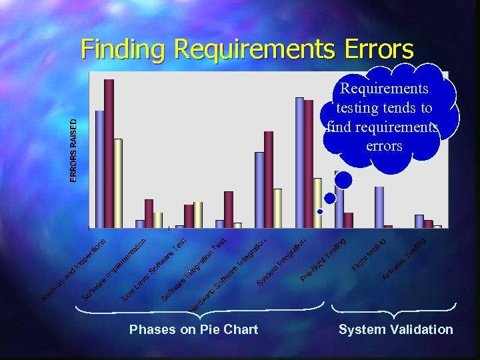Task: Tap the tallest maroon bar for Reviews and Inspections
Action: coord(109,153)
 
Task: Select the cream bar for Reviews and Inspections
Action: coord(118,183)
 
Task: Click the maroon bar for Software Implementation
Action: coord(149,213)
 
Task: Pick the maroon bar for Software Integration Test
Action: coord(229,209)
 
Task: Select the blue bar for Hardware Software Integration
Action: coord(259,189)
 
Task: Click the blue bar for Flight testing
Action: coord(379,207)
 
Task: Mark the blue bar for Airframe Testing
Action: coord(419,221)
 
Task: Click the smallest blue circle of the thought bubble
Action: coord(320,211)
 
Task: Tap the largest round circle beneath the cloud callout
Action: coord(343,180)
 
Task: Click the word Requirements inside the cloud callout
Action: coord(384,89)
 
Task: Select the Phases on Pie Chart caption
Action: coord(193,329)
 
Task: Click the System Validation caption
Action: coord(395,329)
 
